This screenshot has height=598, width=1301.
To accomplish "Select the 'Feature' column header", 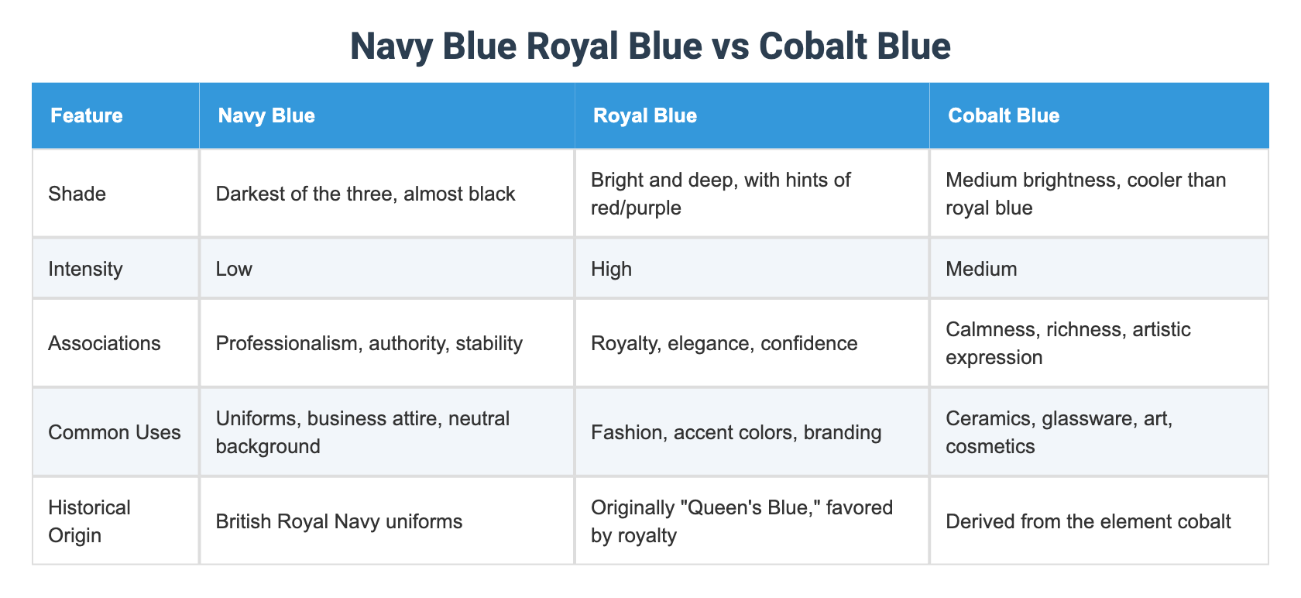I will (x=86, y=115).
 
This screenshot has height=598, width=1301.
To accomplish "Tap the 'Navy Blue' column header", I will (x=266, y=115).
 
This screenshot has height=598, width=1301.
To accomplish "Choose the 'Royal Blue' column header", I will (x=644, y=115).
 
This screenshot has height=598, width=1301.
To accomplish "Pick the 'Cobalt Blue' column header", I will (x=1003, y=115).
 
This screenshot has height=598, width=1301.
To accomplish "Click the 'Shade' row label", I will (x=77, y=194).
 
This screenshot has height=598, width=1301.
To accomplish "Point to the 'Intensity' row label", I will (x=85, y=269).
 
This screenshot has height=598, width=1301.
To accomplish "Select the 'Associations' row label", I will (x=105, y=343).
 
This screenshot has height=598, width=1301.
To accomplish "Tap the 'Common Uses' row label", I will (x=114, y=432).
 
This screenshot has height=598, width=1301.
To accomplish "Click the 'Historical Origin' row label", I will (x=89, y=521).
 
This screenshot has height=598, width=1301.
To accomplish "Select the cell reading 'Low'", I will (x=234, y=269).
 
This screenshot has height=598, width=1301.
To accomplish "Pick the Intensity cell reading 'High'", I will (x=611, y=269).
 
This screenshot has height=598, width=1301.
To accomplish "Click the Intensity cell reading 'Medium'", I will (x=981, y=269).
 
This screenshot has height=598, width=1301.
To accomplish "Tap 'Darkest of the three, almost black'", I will (x=365, y=194).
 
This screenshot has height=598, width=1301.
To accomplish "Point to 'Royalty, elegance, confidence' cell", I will (x=723, y=343).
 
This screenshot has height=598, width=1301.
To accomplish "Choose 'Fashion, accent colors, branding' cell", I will (x=736, y=432).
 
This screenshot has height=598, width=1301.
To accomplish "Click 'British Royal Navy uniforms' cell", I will (x=338, y=521).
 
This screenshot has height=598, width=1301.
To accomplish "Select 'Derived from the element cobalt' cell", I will (x=1087, y=521).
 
